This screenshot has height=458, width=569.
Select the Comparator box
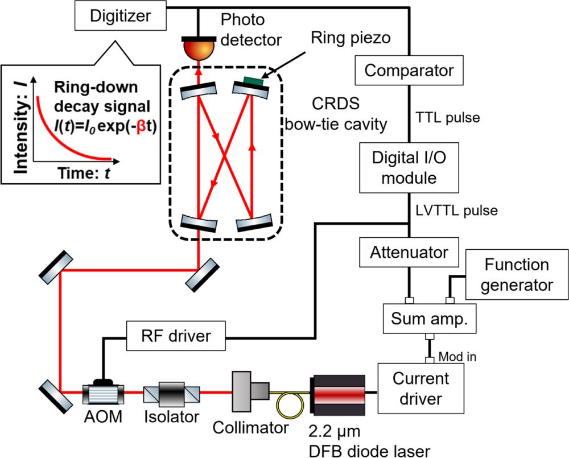tap(409, 71)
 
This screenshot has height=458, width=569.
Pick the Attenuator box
tap(409, 251)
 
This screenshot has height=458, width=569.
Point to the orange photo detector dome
tap(198, 50)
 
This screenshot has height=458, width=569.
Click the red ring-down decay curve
tap(63, 142)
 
